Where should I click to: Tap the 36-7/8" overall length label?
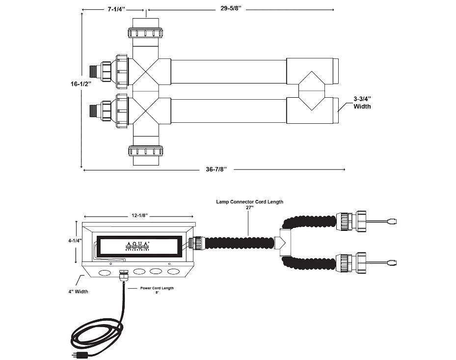point(216,170)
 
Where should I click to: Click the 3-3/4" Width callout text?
point(362,103)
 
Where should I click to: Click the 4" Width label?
point(79,291)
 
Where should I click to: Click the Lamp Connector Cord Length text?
point(249,201)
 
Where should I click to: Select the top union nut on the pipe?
point(146,33)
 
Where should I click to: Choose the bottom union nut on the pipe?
point(146,150)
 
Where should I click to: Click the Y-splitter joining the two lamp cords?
point(283,242)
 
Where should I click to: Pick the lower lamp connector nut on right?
point(352,261)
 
